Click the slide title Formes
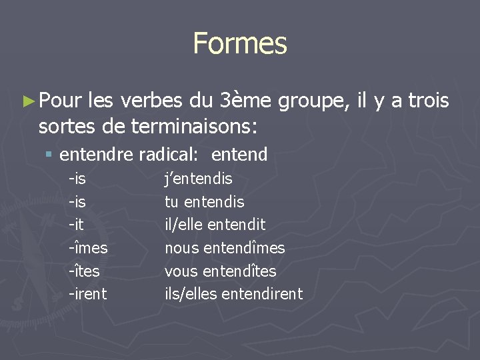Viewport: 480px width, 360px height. (240, 43)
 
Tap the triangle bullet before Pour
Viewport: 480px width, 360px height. (27, 101)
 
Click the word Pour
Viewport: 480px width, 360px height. (60, 101)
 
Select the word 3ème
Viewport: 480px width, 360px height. (244, 101)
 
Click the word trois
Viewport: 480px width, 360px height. (427, 101)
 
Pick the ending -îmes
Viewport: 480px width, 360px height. (87, 248)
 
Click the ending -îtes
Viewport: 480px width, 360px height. (85, 271)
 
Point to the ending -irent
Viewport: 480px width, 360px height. (87, 293)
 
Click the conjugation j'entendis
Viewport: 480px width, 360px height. (199, 179)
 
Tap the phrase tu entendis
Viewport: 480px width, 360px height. (205, 202)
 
